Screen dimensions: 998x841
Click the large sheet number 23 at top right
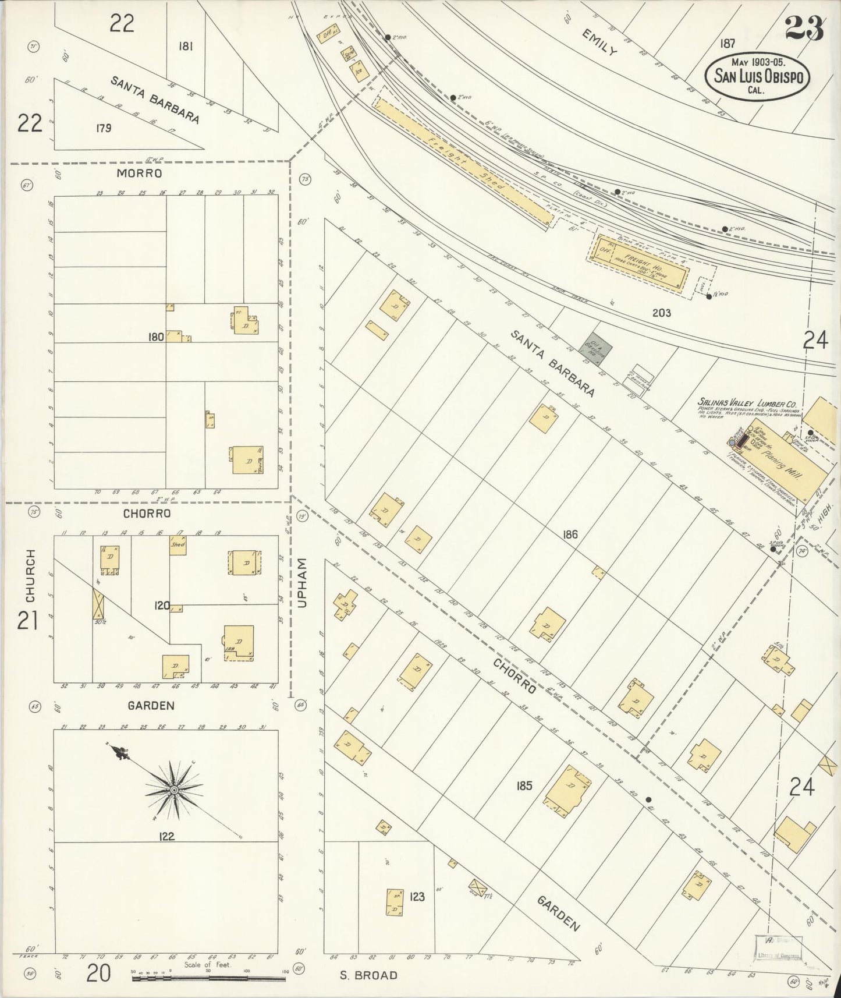click(x=804, y=28)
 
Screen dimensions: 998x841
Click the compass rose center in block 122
click(x=173, y=790)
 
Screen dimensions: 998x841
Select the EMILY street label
click(x=599, y=42)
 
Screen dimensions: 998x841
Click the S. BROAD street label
click(x=368, y=975)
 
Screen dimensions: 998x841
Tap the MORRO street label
click(x=139, y=174)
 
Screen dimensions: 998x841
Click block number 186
click(x=570, y=534)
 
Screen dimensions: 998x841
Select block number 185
click(x=524, y=786)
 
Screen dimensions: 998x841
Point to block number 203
click(x=661, y=313)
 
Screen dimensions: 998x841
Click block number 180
click(x=156, y=337)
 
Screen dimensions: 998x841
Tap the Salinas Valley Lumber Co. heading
click(x=747, y=403)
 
